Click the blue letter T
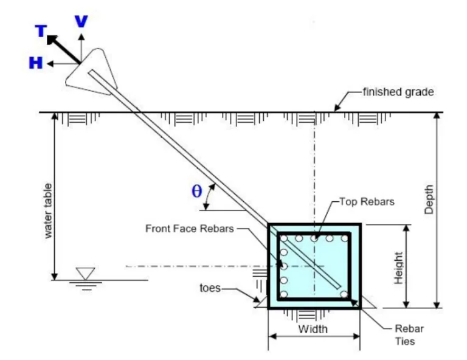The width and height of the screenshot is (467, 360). pyautogui.click(x=41, y=30)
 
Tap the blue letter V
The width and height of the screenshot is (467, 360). pyautogui.click(x=81, y=21)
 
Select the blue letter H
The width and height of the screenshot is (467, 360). pyautogui.click(x=36, y=63)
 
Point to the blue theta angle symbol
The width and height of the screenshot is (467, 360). pyautogui.click(x=196, y=191)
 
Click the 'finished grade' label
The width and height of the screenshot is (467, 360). pyautogui.click(x=398, y=92)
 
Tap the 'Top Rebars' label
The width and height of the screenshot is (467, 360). pyautogui.click(x=367, y=202)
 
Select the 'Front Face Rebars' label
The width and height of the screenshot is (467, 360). pyautogui.click(x=190, y=229)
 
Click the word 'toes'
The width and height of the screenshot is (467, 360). pyautogui.click(x=210, y=288)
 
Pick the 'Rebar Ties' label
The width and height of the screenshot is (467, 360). pyautogui.click(x=409, y=335)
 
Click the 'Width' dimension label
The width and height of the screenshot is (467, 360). pyautogui.click(x=313, y=329)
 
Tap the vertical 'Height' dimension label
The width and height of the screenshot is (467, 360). pyautogui.click(x=398, y=268)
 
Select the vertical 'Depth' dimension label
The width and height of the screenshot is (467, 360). pyautogui.click(x=429, y=199)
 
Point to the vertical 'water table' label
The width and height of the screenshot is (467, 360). pyautogui.click(x=47, y=211)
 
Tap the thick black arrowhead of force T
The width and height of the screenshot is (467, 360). pyautogui.click(x=52, y=40)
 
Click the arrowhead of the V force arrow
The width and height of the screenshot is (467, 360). pyautogui.click(x=81, y=37)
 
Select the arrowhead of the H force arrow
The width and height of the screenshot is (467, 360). pyautogui.click(x=50, y=63)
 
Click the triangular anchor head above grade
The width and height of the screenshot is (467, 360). pyautogui.click(x=91, y=73)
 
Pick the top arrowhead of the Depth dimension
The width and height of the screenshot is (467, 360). pyautogui.click(x=437, y=116)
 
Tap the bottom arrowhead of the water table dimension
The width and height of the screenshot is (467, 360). pyautogui.click(x=55, y=276)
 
